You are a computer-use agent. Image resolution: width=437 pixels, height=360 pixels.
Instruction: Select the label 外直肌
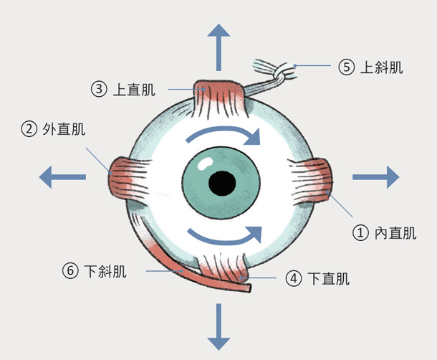pyautogui.click(x=64, y=130)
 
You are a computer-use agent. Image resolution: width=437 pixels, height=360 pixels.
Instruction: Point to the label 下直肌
pyautogui.click(x=329, y=278)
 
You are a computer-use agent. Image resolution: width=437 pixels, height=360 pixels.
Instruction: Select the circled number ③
pyautogui.click(x=99, y=90)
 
